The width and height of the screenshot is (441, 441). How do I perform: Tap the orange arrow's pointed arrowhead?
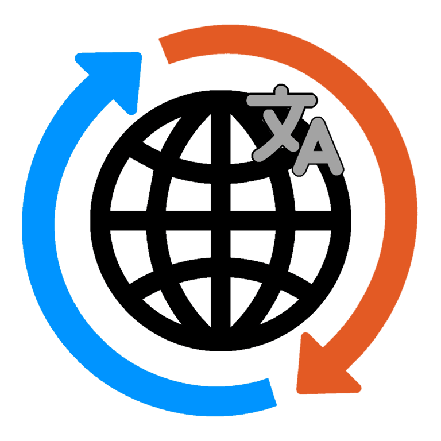(322, 367)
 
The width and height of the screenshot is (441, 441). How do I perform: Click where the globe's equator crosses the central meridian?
(220, 220)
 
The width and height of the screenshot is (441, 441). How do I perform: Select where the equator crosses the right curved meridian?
(284, 220)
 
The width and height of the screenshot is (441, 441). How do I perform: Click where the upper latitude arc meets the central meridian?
(220, 173)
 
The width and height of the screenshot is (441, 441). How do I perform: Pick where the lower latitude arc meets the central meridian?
(220, 268)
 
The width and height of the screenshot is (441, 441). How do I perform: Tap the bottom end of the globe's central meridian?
(220, 342)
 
